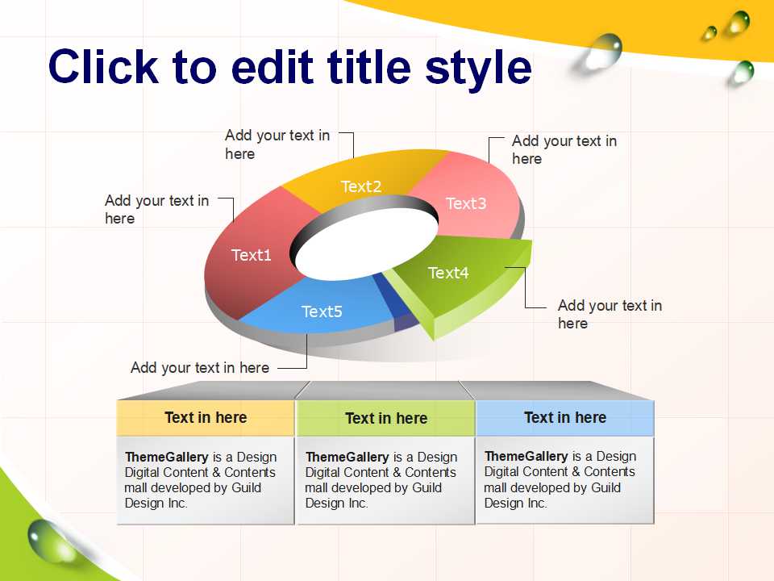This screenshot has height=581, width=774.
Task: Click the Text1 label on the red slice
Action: pos(252,255)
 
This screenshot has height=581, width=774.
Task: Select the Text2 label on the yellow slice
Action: pos(361,186)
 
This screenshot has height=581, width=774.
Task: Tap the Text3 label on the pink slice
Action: pos(466,203)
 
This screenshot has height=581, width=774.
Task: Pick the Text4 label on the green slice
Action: pos(448,272)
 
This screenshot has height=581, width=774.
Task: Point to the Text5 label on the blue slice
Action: pos(322,311)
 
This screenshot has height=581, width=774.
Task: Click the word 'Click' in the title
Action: pos(103,67)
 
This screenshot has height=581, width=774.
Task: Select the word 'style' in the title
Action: pos(478,69)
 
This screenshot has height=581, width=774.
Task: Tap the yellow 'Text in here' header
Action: pos(206,418)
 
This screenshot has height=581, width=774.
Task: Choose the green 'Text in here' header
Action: pos(386,419)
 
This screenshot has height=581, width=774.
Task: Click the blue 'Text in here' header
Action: pos(565,418)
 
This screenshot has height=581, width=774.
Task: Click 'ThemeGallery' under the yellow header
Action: pos(166,457)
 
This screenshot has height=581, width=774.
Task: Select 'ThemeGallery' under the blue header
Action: pos(526,456)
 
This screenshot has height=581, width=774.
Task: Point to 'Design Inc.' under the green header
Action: pos(337,503)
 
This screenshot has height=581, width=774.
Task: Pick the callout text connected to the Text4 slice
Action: pos(610,314)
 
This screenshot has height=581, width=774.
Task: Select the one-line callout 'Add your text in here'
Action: pos(200,368)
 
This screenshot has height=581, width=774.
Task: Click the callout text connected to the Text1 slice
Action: pos(157,210)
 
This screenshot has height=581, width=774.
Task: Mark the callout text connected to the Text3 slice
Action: pos(564,150)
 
